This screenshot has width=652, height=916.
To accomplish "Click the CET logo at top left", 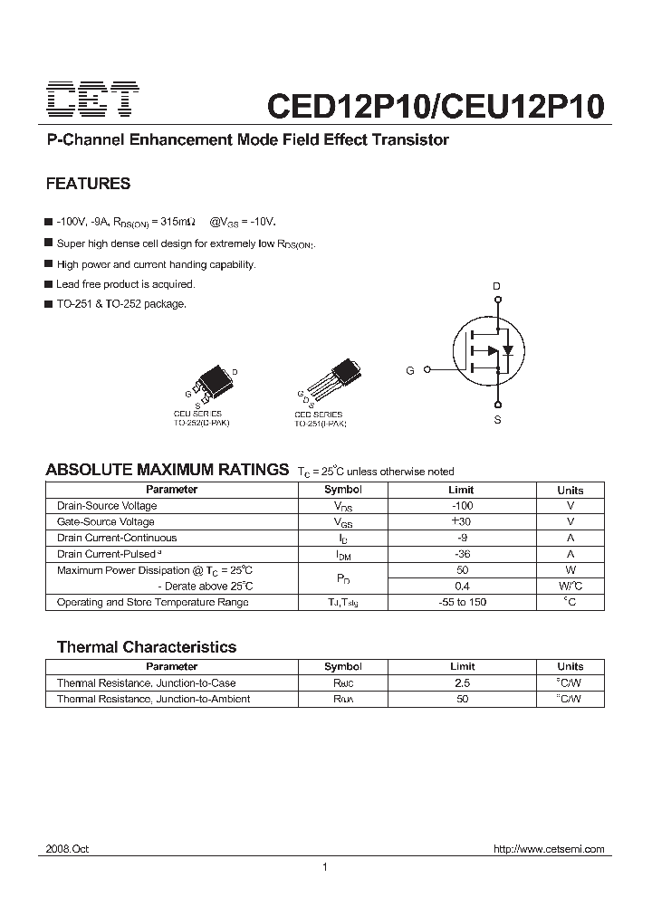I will pos(91,101).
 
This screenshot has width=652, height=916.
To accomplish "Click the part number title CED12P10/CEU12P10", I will pos(436,105).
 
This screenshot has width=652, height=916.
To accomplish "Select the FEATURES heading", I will pos(88,184).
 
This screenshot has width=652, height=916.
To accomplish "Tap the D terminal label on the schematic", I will pos(496,287).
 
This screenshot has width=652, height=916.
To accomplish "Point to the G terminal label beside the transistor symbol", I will pos(410,370).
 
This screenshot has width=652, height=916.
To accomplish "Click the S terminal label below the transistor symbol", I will pos(497,421).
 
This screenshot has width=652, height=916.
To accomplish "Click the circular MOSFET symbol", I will pos(484,350).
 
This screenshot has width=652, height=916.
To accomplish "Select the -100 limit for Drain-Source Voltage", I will pos(462,506).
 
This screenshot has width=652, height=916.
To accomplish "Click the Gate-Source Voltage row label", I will pos(105,522).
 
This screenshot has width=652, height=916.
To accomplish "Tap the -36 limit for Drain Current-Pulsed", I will pos(462,554).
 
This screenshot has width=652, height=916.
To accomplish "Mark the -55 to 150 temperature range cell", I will pos(462,602).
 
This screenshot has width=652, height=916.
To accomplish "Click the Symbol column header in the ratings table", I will pos(342,490).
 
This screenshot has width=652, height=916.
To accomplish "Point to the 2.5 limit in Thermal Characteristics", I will pos(462,683).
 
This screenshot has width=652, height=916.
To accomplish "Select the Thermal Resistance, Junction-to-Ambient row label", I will pos(153,699).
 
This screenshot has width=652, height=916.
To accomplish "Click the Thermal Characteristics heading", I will pos(147,647).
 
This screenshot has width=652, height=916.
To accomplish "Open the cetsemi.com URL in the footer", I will pos(548,850).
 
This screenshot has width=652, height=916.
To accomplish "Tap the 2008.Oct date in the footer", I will pos(67,850).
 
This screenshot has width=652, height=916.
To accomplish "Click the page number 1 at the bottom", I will pos(324,868).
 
